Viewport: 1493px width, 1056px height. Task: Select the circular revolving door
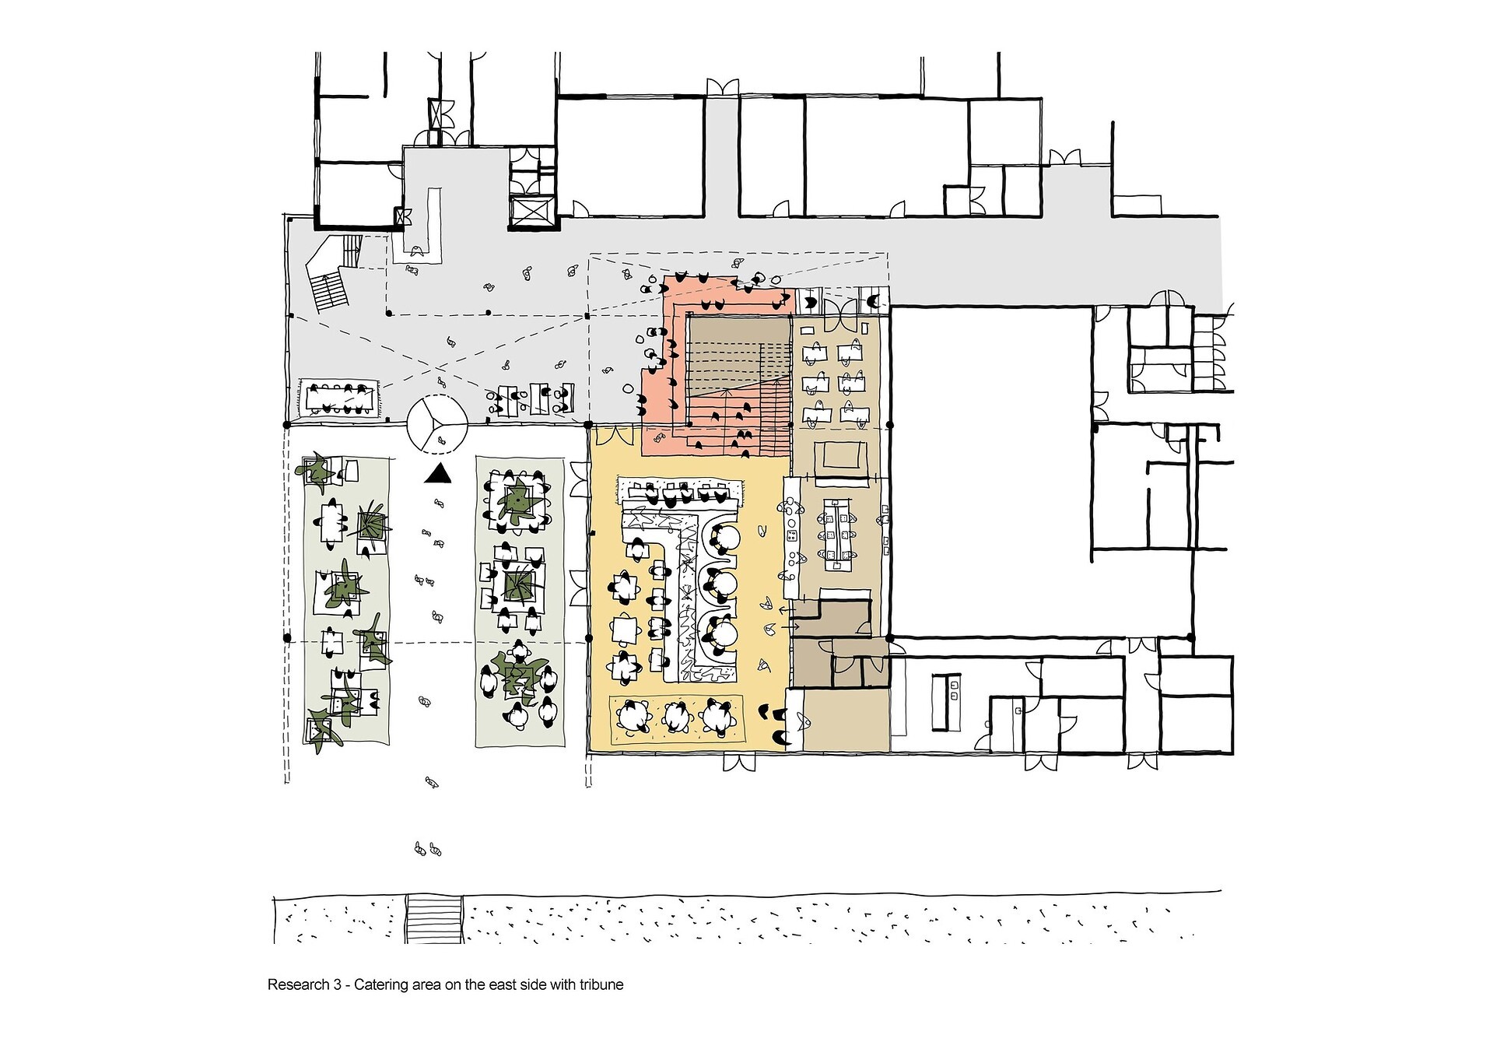pyautogui.click(x=436, y=424)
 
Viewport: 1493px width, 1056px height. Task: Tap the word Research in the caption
pyautogui.click(x=299, y=984)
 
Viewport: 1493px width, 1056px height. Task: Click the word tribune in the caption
pyautogui.click(x=601, y=984)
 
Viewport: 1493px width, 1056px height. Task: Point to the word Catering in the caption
pyautogui.click(x=381, y=985)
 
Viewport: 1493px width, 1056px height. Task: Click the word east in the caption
pyautogui.click(x=503, y=984)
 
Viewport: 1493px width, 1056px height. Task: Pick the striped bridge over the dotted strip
pyautogui.click(x=434, y=920)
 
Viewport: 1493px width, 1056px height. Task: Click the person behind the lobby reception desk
pyautogui.click(x=418, y=251)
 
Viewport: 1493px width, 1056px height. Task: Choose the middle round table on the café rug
pyautogui.click(x=676, y=716)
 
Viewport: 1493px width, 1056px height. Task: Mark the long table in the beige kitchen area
pyautogui.click(x=836, y=529)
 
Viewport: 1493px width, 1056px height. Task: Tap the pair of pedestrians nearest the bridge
pyautogui.click(x=428, y=849)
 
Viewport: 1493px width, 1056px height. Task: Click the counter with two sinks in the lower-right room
pyautogui.click(x=950, y=703)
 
